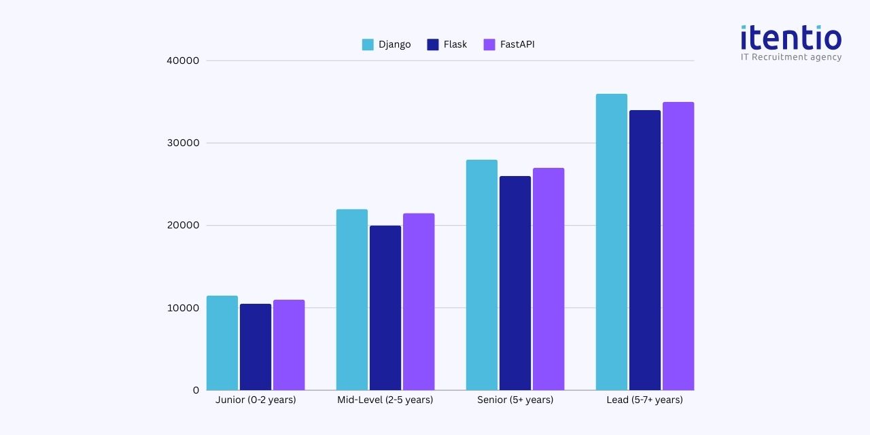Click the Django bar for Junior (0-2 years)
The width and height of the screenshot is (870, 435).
click(x=222, y=343)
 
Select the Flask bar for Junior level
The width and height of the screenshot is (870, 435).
click(x=256, y=347)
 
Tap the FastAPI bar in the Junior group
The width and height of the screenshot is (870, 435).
click(x=289, y=345)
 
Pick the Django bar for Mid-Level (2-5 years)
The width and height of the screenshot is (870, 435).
click(x=352, y=300)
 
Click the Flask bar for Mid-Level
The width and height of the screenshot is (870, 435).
click(x=385, y=308)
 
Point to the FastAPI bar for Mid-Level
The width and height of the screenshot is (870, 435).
click(x=419, y=302)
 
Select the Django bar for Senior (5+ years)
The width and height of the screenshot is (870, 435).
click(x=482, y=275)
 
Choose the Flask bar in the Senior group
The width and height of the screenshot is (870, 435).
click(x=515, y=283)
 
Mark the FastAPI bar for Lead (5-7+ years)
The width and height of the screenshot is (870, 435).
click(x=678, y=246)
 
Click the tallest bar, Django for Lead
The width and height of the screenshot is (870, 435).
click(x=612, y=242)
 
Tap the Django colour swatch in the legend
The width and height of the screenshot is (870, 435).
click(x=368, y=45)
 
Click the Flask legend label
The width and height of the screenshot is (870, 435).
click(x=455, y=45)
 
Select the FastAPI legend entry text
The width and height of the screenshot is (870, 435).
click(x=517, y=45)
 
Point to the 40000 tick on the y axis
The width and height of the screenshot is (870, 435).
click(x=183, y=60)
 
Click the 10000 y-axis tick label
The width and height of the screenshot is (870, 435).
click(x=183, y=308)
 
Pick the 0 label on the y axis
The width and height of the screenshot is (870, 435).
click(x=196, y=390)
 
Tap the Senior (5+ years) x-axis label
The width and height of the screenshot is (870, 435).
click(x=515, y=400)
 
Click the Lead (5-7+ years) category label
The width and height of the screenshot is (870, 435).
click(x=644, y=400)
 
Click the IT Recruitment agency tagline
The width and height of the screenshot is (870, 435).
click(x=791, y=57)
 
